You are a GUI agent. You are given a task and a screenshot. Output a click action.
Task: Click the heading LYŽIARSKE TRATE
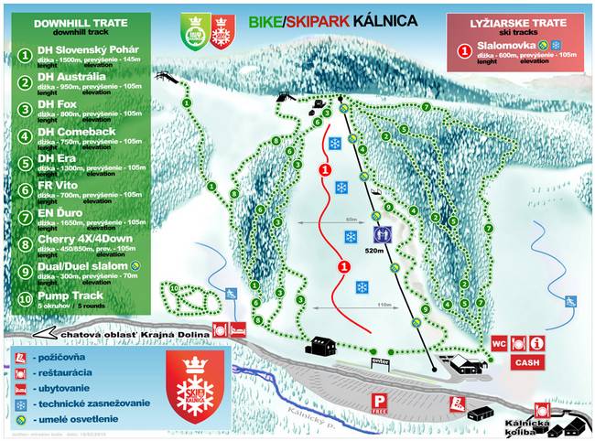coord(517,19)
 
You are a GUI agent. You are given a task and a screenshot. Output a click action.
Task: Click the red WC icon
coord(499,343)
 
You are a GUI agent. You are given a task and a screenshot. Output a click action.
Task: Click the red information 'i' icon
coord(537,343)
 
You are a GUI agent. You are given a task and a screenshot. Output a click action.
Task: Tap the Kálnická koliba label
coord(527,425)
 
